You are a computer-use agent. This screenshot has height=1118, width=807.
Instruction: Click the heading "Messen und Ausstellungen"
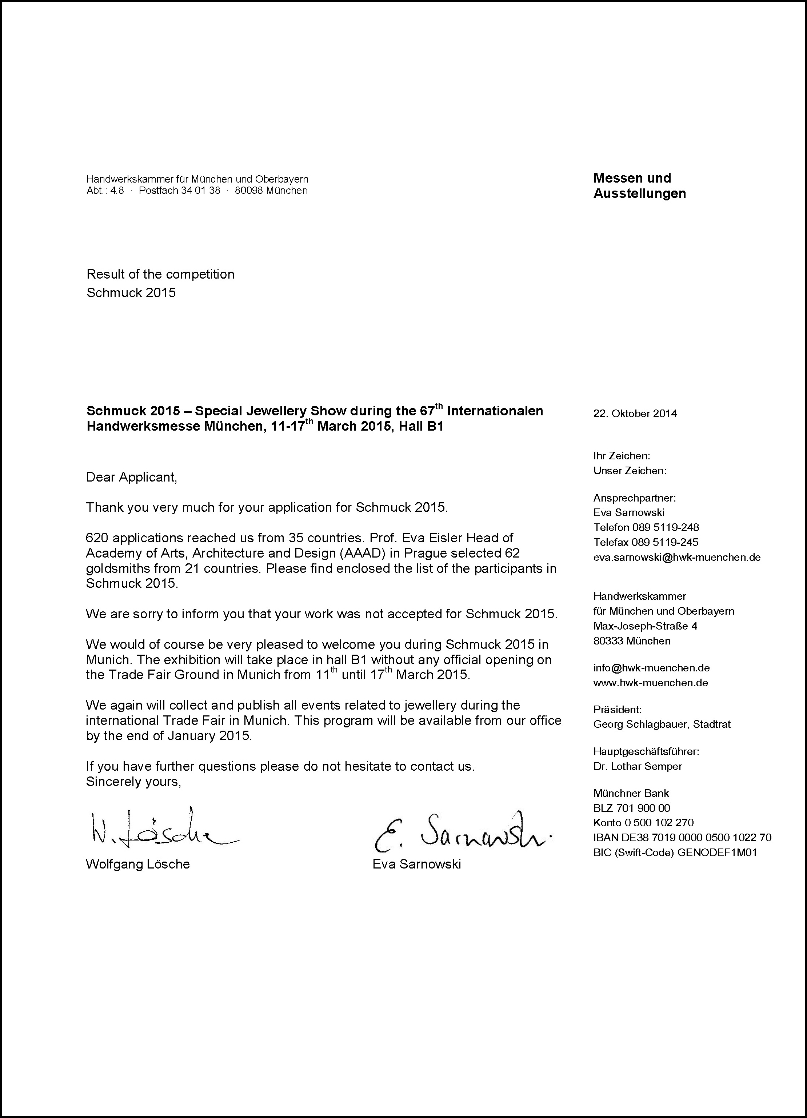[639, 185]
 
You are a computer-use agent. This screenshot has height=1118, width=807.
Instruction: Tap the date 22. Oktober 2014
[635, 414]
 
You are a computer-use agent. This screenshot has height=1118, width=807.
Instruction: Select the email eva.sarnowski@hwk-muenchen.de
[676, 558]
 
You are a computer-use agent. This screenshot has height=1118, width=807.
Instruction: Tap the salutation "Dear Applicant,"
[131, 477]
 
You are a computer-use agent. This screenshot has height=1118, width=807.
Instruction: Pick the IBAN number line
[682, 838]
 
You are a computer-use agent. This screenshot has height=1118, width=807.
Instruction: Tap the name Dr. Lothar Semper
[638, 767]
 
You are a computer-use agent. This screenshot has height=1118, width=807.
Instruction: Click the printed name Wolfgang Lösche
[137, 864]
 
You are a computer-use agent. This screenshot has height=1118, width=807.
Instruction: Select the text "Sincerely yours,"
[133, 782]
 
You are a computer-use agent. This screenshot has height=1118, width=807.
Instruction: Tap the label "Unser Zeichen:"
[630, 471]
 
